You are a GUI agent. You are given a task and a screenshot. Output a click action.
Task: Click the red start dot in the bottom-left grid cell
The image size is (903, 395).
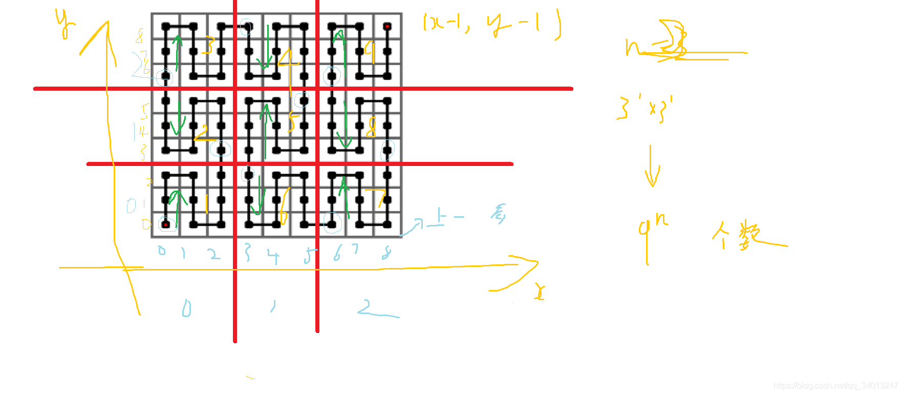pyautogui.click(x=166, y=224)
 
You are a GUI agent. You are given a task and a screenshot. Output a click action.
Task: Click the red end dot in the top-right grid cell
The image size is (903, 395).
pyautogui.click(x=388, y=26)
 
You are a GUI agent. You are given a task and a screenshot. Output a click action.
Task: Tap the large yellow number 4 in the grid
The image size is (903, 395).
pyautogui.click(x=288, y=64)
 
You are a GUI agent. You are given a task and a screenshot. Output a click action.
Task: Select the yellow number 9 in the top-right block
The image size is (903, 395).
pyautogui.click(x=370, y=52)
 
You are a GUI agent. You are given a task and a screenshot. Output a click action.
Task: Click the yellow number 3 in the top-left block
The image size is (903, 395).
pyautogui.click(x=207, y=46)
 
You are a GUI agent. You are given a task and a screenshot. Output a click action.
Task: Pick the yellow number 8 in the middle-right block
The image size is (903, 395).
pyautogui.click(x=371, y=127)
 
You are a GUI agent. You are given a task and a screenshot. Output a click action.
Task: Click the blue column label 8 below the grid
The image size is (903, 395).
pyautogui.click(x=387, y=253)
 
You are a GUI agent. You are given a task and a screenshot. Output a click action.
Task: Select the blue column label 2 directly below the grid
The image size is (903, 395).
pyautogui.click(x=214, y=254)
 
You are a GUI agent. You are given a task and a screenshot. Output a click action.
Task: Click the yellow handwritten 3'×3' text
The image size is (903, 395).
pyautogui.click(x=645, y=108)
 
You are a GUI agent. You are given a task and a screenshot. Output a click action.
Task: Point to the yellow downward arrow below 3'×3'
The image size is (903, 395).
pyautogui.click(x=652, y=167)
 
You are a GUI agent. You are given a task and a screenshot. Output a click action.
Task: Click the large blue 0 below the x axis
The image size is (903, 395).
pyautogui.click(x=186, y=308)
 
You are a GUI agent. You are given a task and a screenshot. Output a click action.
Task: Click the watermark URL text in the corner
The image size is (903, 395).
pyautogui.click(x=835, y=386)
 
